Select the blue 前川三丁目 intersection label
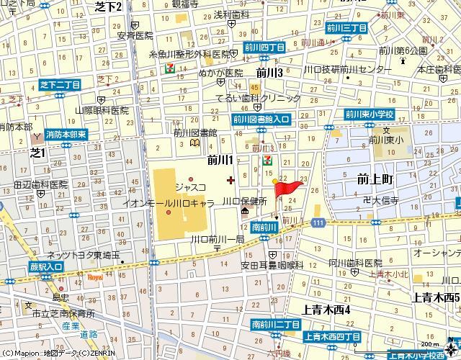346,28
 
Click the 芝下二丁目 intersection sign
60,85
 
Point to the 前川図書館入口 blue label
261,120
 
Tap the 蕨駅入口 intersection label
24,267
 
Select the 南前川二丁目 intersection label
275,325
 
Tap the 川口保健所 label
245,201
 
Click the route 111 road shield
318,225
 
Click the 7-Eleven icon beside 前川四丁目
169,67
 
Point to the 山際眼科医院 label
102,110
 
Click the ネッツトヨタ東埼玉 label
83,255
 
